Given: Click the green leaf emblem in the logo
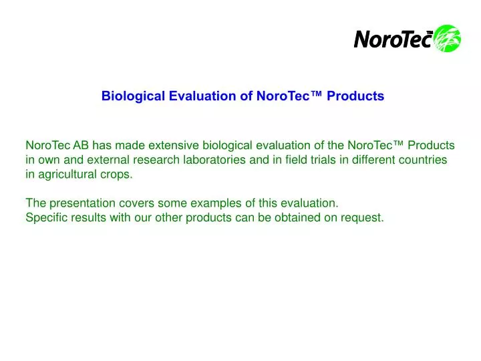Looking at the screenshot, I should tap(447, 38).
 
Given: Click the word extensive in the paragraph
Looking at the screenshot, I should tap(172, 145).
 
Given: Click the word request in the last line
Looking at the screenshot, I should tap(363, 217).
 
